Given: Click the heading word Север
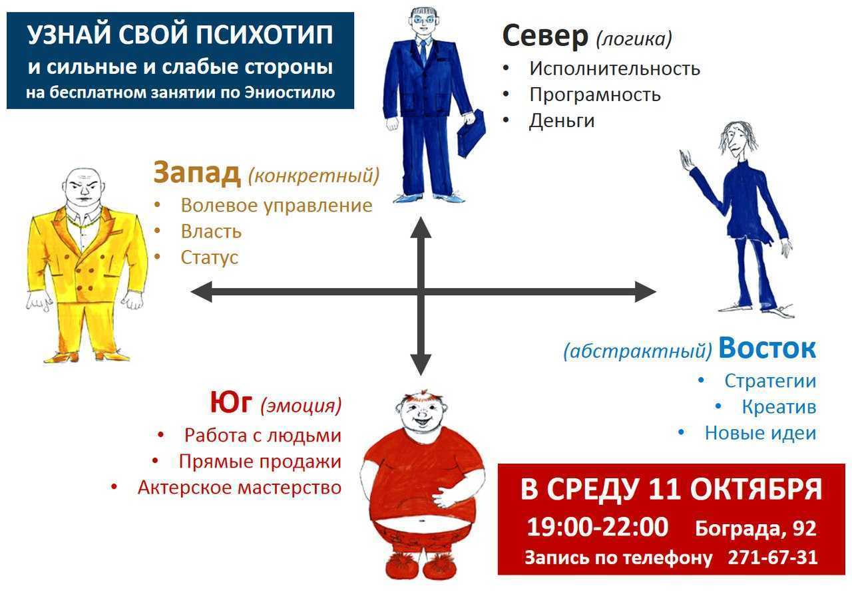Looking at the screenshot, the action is pos(545,36).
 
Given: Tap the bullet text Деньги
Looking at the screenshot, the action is pos(561,122).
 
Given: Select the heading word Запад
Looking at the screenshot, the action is pos(197,173).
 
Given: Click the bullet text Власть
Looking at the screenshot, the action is pos(211,231).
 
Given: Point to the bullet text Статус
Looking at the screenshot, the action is pos(210,257).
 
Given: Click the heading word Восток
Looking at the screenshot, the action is pos(767,348).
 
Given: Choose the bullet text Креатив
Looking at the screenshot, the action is pos(779,407).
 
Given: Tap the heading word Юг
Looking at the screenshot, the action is pos(231,402).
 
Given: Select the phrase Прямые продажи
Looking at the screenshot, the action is pos(260,462).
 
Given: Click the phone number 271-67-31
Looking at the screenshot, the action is pos(773,557).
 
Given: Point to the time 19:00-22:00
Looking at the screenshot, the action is pos(598,527).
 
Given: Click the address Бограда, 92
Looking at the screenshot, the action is pos(755,528).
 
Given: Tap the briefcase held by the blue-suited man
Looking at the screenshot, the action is pos(471,133).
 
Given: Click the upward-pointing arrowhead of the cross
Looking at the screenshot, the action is pos(421,227).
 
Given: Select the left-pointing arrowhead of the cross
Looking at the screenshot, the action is pos(201,292).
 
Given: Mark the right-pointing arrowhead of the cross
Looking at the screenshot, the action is pos(646,292).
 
